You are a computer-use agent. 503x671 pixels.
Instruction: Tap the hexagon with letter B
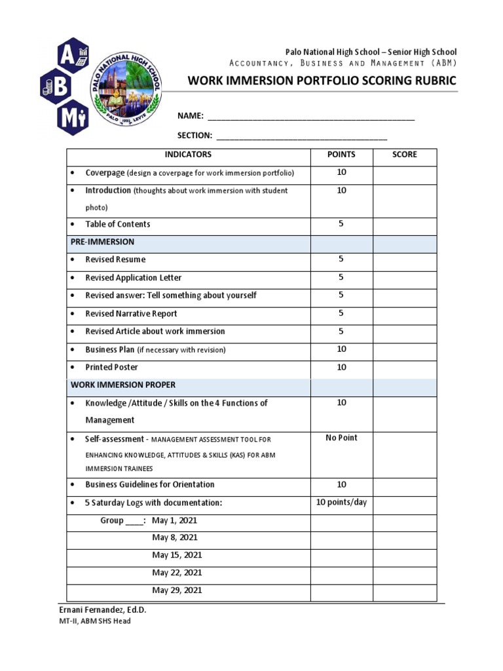point(57,87)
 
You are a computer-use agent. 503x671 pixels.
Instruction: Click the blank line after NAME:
point(310,118)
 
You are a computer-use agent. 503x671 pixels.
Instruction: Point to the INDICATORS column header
point(188,155)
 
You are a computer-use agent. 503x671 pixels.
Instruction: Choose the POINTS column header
point(341,155)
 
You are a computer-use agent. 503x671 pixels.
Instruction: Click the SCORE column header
point(404,155)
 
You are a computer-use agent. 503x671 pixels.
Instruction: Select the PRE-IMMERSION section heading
point(102,242)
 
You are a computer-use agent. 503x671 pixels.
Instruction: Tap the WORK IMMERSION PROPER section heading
point(123,385)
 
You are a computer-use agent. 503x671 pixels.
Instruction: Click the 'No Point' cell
point(341,438)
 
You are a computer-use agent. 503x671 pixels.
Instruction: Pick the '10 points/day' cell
point(341,503)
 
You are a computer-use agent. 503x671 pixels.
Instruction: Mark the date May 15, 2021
point(177,555)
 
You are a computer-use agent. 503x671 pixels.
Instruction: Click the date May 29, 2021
point(177,590)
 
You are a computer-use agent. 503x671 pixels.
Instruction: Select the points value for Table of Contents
point(341,224)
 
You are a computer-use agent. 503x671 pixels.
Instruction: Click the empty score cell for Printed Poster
point(404,368)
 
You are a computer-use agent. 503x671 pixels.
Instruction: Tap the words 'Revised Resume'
point(115,260)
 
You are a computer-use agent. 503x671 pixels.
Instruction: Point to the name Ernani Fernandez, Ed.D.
point(103,610)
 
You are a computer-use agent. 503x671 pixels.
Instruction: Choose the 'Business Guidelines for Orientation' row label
point(149,485)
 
